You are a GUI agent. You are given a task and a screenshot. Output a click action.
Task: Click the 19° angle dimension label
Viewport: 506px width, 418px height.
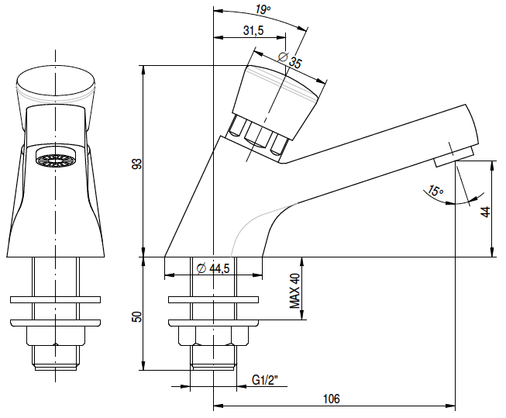[x=263, y=10]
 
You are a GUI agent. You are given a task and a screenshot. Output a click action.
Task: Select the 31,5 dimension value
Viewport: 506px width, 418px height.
[x=253, y=31]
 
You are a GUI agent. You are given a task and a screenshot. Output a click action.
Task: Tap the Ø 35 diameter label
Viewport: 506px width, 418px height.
[x=290, y=60]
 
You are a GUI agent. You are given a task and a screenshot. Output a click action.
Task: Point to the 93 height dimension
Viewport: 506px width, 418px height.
[x=137, y=164]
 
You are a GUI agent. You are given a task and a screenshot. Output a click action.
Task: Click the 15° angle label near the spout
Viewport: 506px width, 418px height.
[x=435, y=191]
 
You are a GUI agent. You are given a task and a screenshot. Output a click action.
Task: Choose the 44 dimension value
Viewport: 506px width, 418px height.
[x=485, y=212]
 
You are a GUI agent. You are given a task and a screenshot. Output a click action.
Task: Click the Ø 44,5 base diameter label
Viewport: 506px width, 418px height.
[x=213, y=268]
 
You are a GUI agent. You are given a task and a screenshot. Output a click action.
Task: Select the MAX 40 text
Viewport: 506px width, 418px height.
[x=294, y=291]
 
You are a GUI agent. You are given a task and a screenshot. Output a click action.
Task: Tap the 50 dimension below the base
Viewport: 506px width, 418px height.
[x=137, y=317]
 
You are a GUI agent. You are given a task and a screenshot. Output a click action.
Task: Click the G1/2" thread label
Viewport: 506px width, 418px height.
[x=264, y=380]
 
